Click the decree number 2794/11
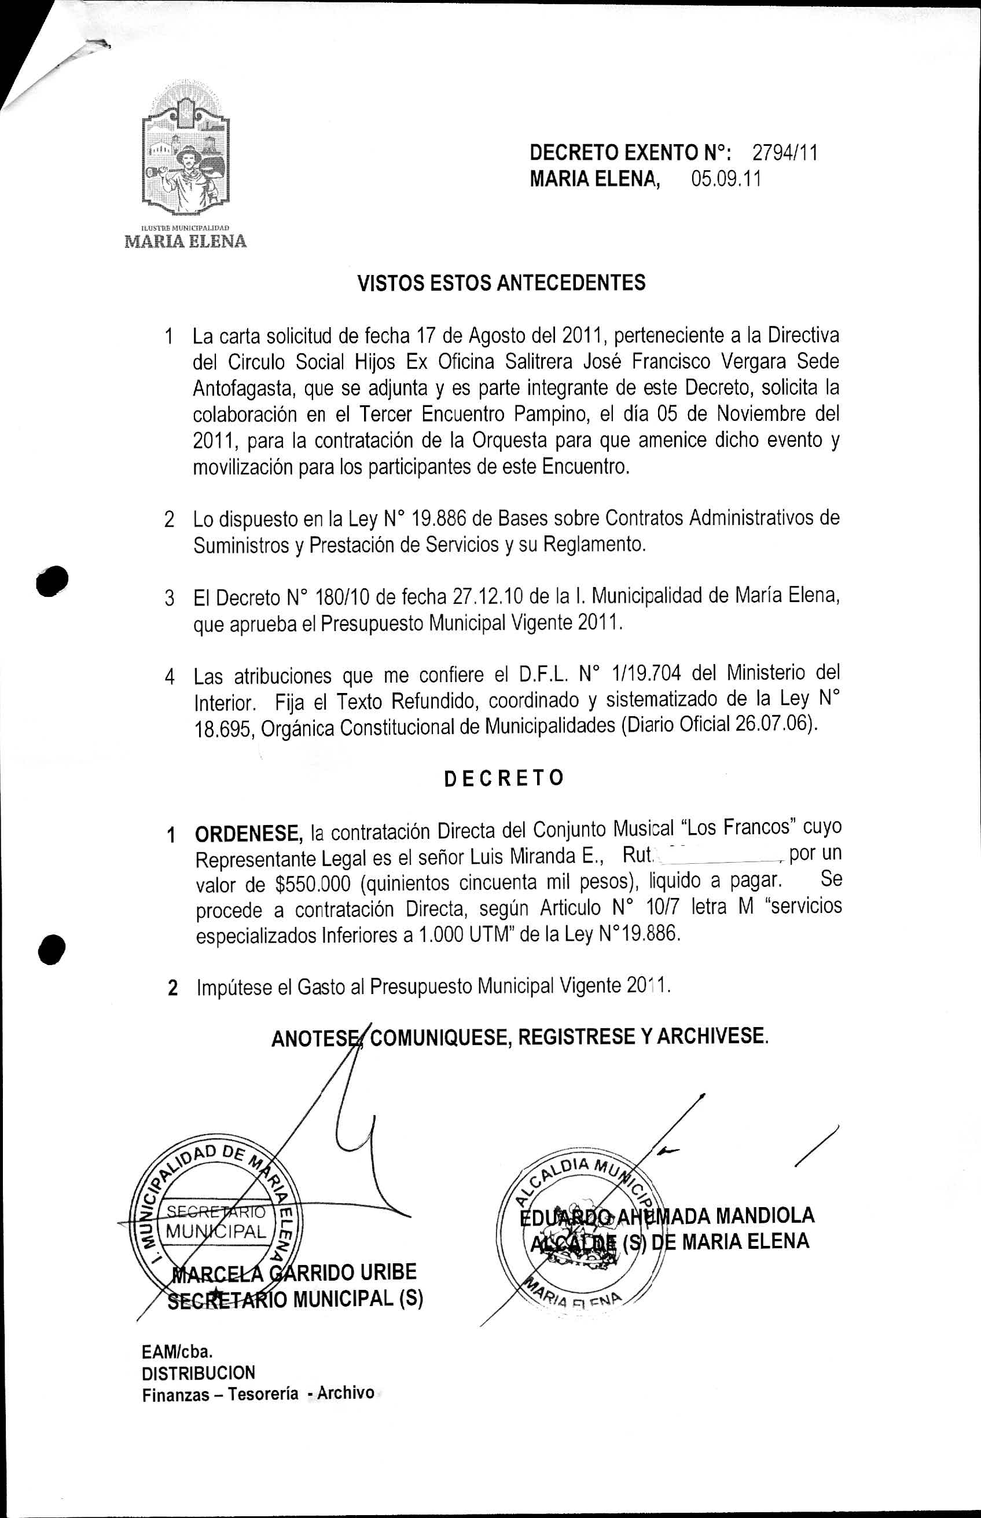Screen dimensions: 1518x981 pyautogui.click(x=785, y=153)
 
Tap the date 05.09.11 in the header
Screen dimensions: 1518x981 pyautogui.click(x=726, y=179)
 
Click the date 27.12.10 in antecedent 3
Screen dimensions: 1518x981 pyautogui.click(x=487, y=597)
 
